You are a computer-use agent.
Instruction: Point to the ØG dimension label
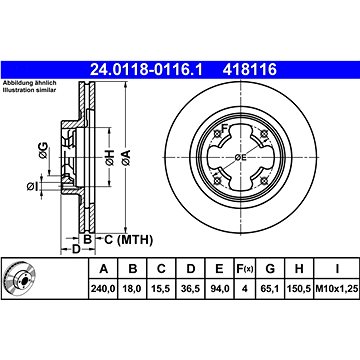click(x=41, y=153)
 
